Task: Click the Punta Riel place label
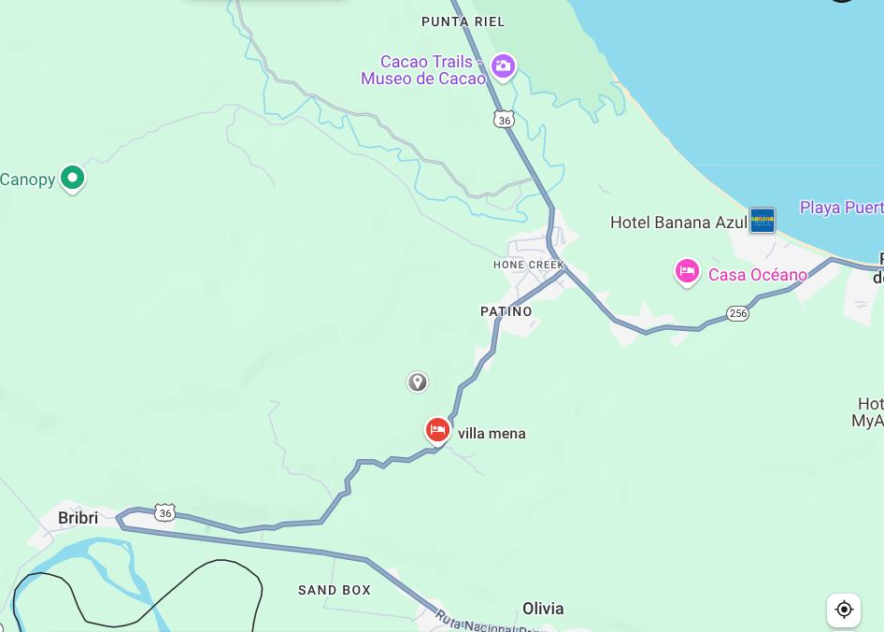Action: click(463, 22)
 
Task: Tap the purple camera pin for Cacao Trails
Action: click(503, 66)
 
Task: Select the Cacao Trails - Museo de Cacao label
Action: click(425, 70)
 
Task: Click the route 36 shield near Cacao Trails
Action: click(505, 119)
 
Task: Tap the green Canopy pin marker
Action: click(72, 177)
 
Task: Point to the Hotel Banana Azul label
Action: click(678, 223)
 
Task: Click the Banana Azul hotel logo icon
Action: click(763, 221)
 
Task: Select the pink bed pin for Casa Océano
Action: click(687, 272)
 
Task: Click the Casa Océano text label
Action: click(757, 275)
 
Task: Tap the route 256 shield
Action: click(738, 313)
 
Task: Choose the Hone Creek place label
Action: click(529, 265)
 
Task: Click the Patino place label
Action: click(506, 311)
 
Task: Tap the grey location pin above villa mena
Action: click(418, 381)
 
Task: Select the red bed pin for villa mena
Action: click(437, 429)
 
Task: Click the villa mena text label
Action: click(492, 434)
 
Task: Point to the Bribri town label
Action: click(78, 518)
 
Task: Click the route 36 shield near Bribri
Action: click(165, 512)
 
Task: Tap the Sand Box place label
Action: click(335, 590)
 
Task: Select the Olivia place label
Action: click(543, 609)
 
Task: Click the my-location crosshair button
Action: click(844, 610)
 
